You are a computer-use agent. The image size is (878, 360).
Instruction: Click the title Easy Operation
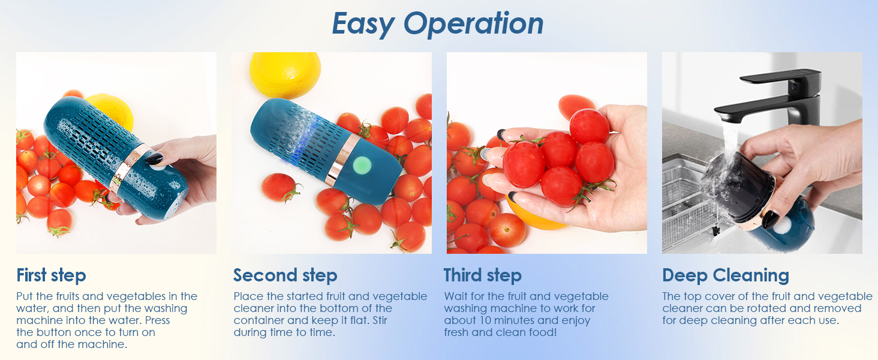coord(438,24)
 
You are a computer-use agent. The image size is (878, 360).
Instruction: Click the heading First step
coord(52,275)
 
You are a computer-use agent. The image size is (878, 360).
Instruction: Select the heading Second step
coord(285,275)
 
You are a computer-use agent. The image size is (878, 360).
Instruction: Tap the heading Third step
coord(482,275)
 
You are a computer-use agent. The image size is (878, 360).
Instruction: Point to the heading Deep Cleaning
coord(725,275)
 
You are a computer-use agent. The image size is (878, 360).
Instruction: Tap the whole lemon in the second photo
coord(284,74)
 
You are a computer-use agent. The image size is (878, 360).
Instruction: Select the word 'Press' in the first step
coord(157,320)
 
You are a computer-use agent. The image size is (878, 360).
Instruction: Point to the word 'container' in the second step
coord(258,320)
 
